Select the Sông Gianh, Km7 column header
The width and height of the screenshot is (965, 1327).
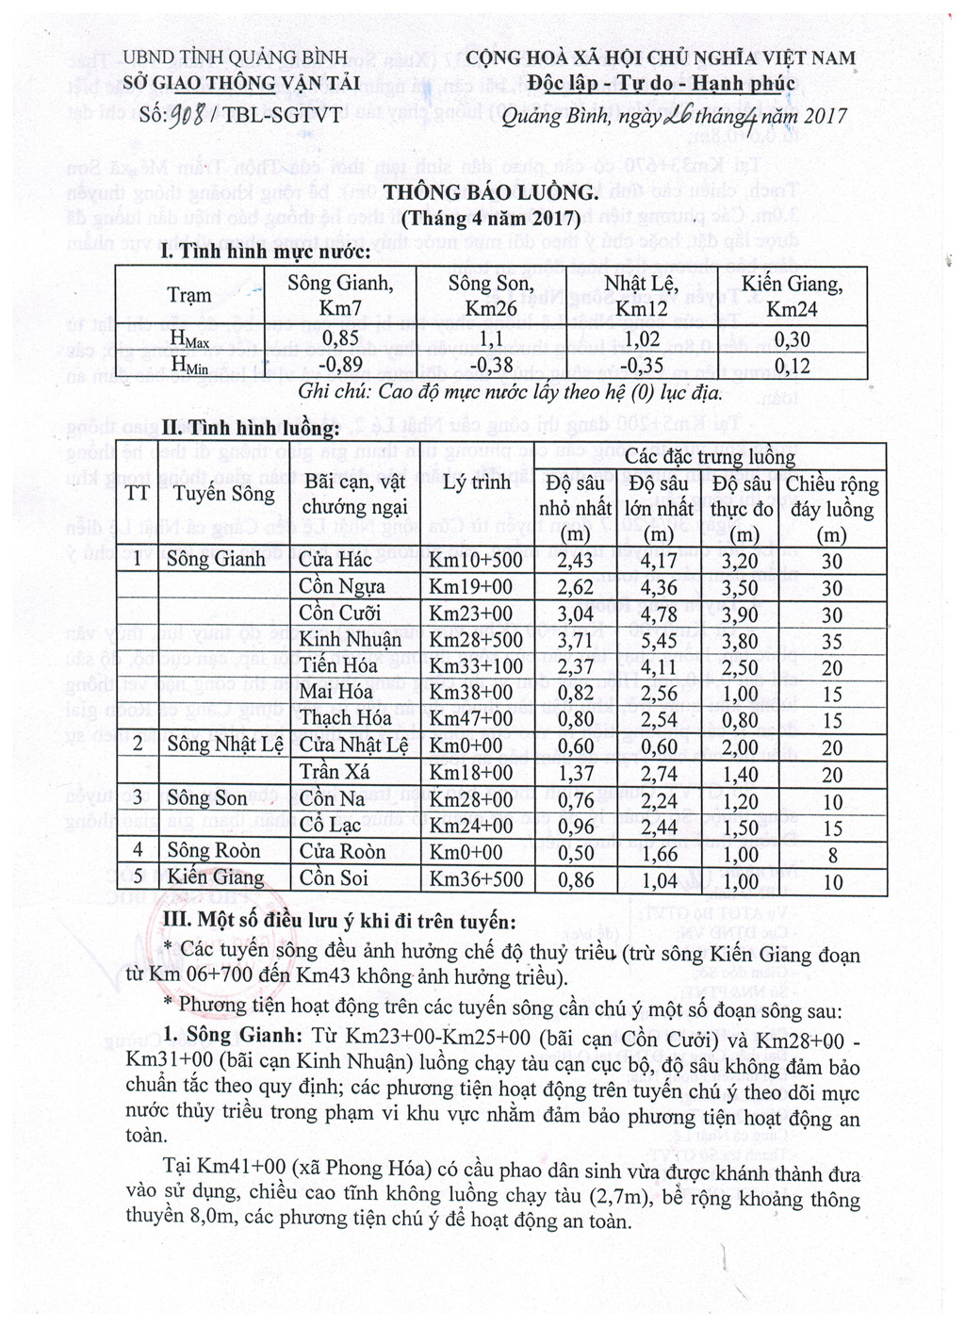point(340,296)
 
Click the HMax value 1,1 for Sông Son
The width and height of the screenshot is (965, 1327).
point(490,338)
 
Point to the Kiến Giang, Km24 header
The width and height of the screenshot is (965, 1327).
point(792,296)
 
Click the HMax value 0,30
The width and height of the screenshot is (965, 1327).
point(792,338)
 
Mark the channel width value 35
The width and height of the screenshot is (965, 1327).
point(831,641)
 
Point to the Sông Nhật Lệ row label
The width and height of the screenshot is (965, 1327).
point(224,745)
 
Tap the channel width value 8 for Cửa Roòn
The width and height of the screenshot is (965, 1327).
point(831,854)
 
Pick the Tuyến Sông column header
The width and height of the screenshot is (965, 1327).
point(224,494)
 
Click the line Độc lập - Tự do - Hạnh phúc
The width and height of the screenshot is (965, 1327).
point(662,84)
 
